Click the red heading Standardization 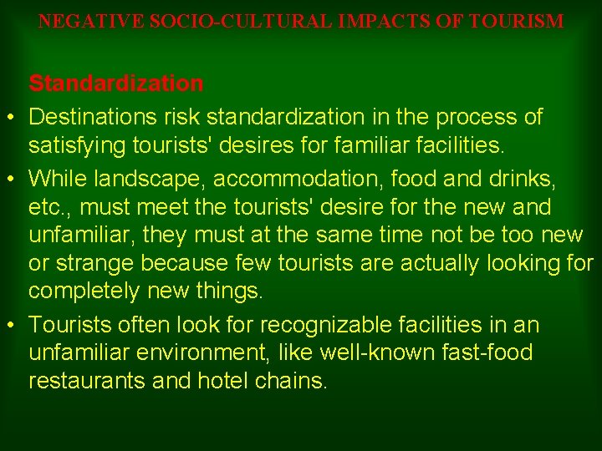tap(115, 84)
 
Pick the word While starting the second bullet tap(54, 177)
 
